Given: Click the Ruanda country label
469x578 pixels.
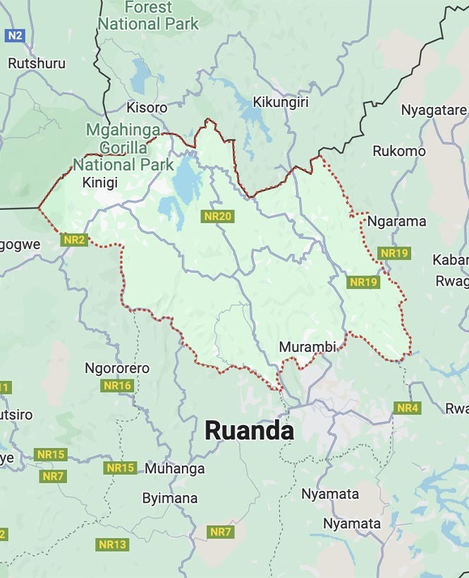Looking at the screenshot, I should point(249,431).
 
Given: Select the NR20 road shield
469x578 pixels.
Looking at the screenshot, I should point(217,216).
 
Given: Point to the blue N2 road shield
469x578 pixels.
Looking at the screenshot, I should point(14,35).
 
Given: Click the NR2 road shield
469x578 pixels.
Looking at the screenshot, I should point(74,240).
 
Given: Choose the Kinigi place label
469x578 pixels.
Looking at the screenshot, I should point(100,183).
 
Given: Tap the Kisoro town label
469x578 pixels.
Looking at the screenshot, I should point(147,108).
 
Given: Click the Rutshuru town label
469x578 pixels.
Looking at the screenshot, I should point(37,63).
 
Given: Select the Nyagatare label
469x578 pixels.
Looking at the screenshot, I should point(434,110).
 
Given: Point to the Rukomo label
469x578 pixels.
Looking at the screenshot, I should point(399,151).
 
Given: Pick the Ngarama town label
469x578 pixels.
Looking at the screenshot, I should point(397,221).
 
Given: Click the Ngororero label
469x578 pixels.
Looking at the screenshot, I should point(117,368).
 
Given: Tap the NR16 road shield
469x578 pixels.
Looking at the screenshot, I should point(117,386).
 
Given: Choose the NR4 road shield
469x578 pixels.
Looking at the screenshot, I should point(408,408).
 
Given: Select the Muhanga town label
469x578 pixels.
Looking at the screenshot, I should point(175,469).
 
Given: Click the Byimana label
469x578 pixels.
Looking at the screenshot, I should point(170,498).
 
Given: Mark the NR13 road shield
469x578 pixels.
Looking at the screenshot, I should point(113,544).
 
